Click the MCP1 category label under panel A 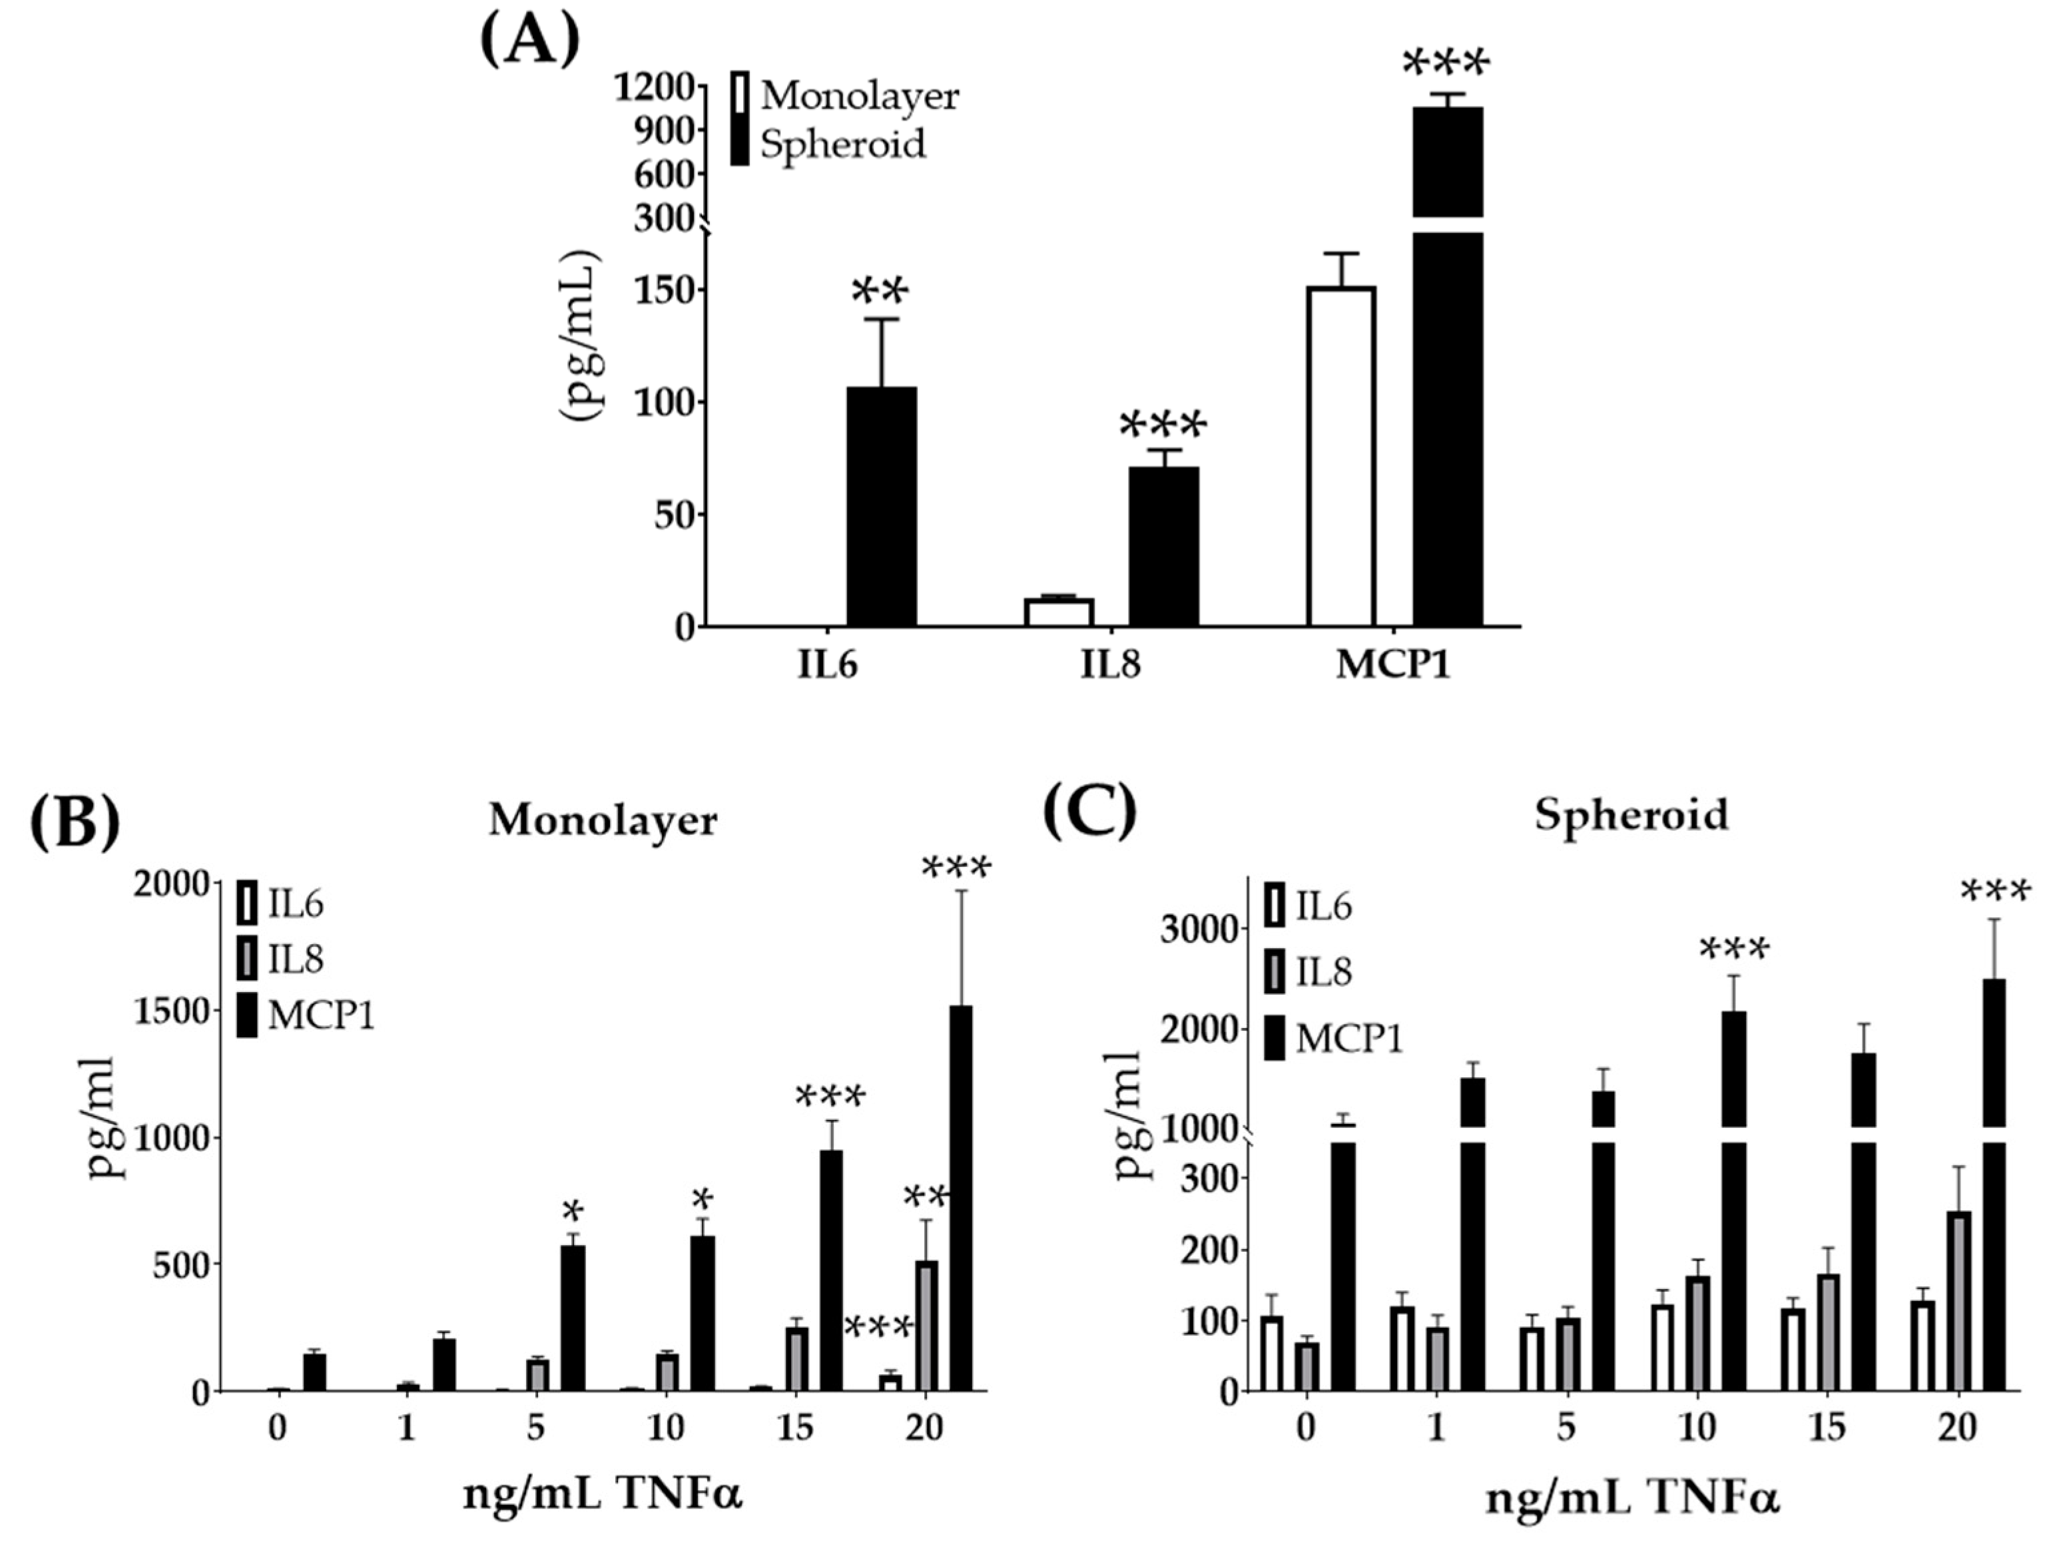tap(1393, 667)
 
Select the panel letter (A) tap(529, 42)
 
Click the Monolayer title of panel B tap(603, 820)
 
